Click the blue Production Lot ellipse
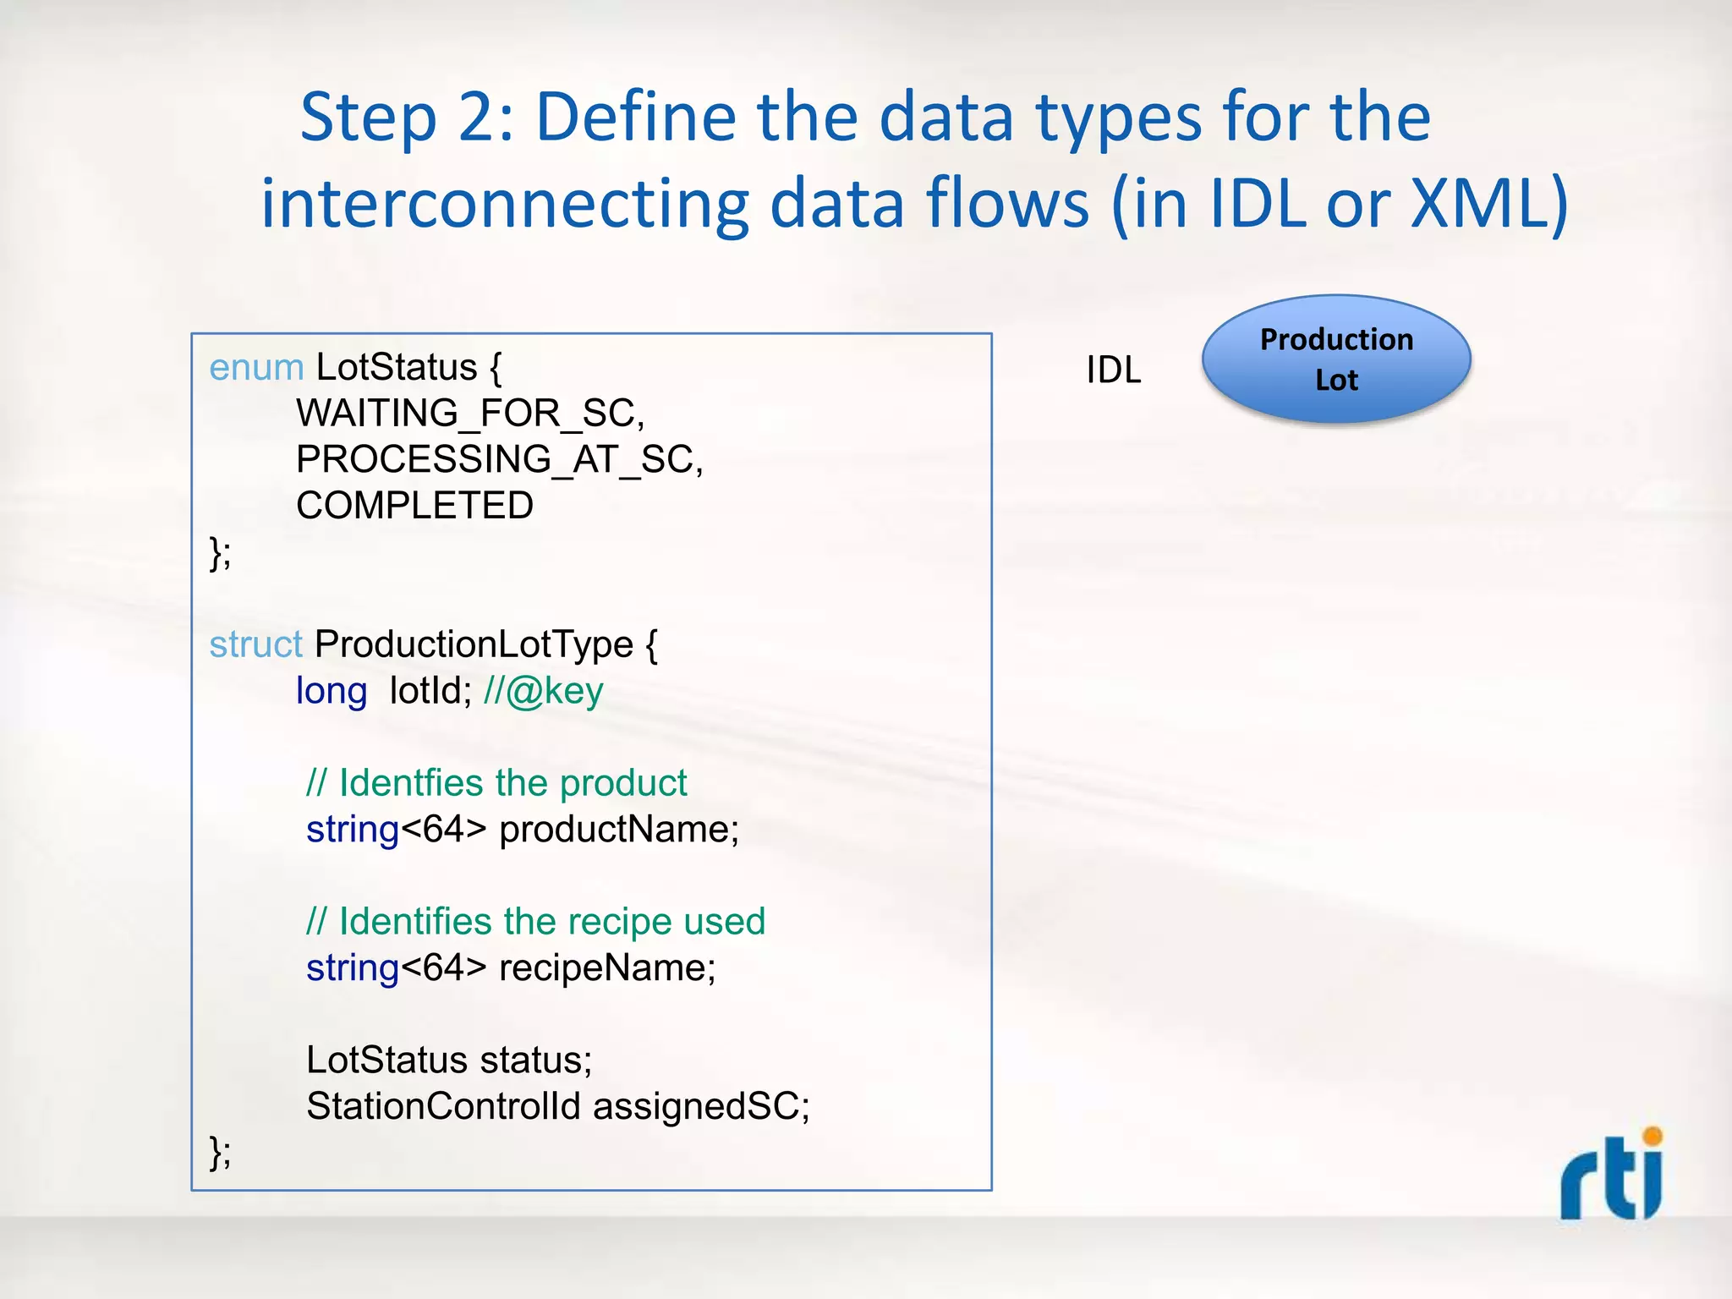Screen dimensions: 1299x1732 [x=1336, y=359]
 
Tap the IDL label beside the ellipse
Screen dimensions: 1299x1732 [x=1113, y=370]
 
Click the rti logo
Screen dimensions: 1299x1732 [x=1612, y=1176]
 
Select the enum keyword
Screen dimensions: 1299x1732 [x=256, y=368]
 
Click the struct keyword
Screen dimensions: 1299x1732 [x=255, y=644]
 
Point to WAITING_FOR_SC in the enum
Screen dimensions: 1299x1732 [x=469, y=414]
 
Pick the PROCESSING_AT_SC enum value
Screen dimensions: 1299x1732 [x=499, y=460]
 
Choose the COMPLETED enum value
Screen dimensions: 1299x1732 [x=414, y=506]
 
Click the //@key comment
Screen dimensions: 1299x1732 [x=544, y=691]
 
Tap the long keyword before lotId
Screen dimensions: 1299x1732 [x=331, y=692]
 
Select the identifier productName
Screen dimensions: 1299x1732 [x=618, y=830]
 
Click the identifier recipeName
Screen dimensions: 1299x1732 [x=606, y=968]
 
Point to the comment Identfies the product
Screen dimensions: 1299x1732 [x=496, y=783]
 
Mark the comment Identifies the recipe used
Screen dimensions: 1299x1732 [x=535, y=922]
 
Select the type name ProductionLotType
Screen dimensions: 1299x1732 [x=474, y=644]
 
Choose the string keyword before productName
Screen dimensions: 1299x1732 [x=352, y=830]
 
